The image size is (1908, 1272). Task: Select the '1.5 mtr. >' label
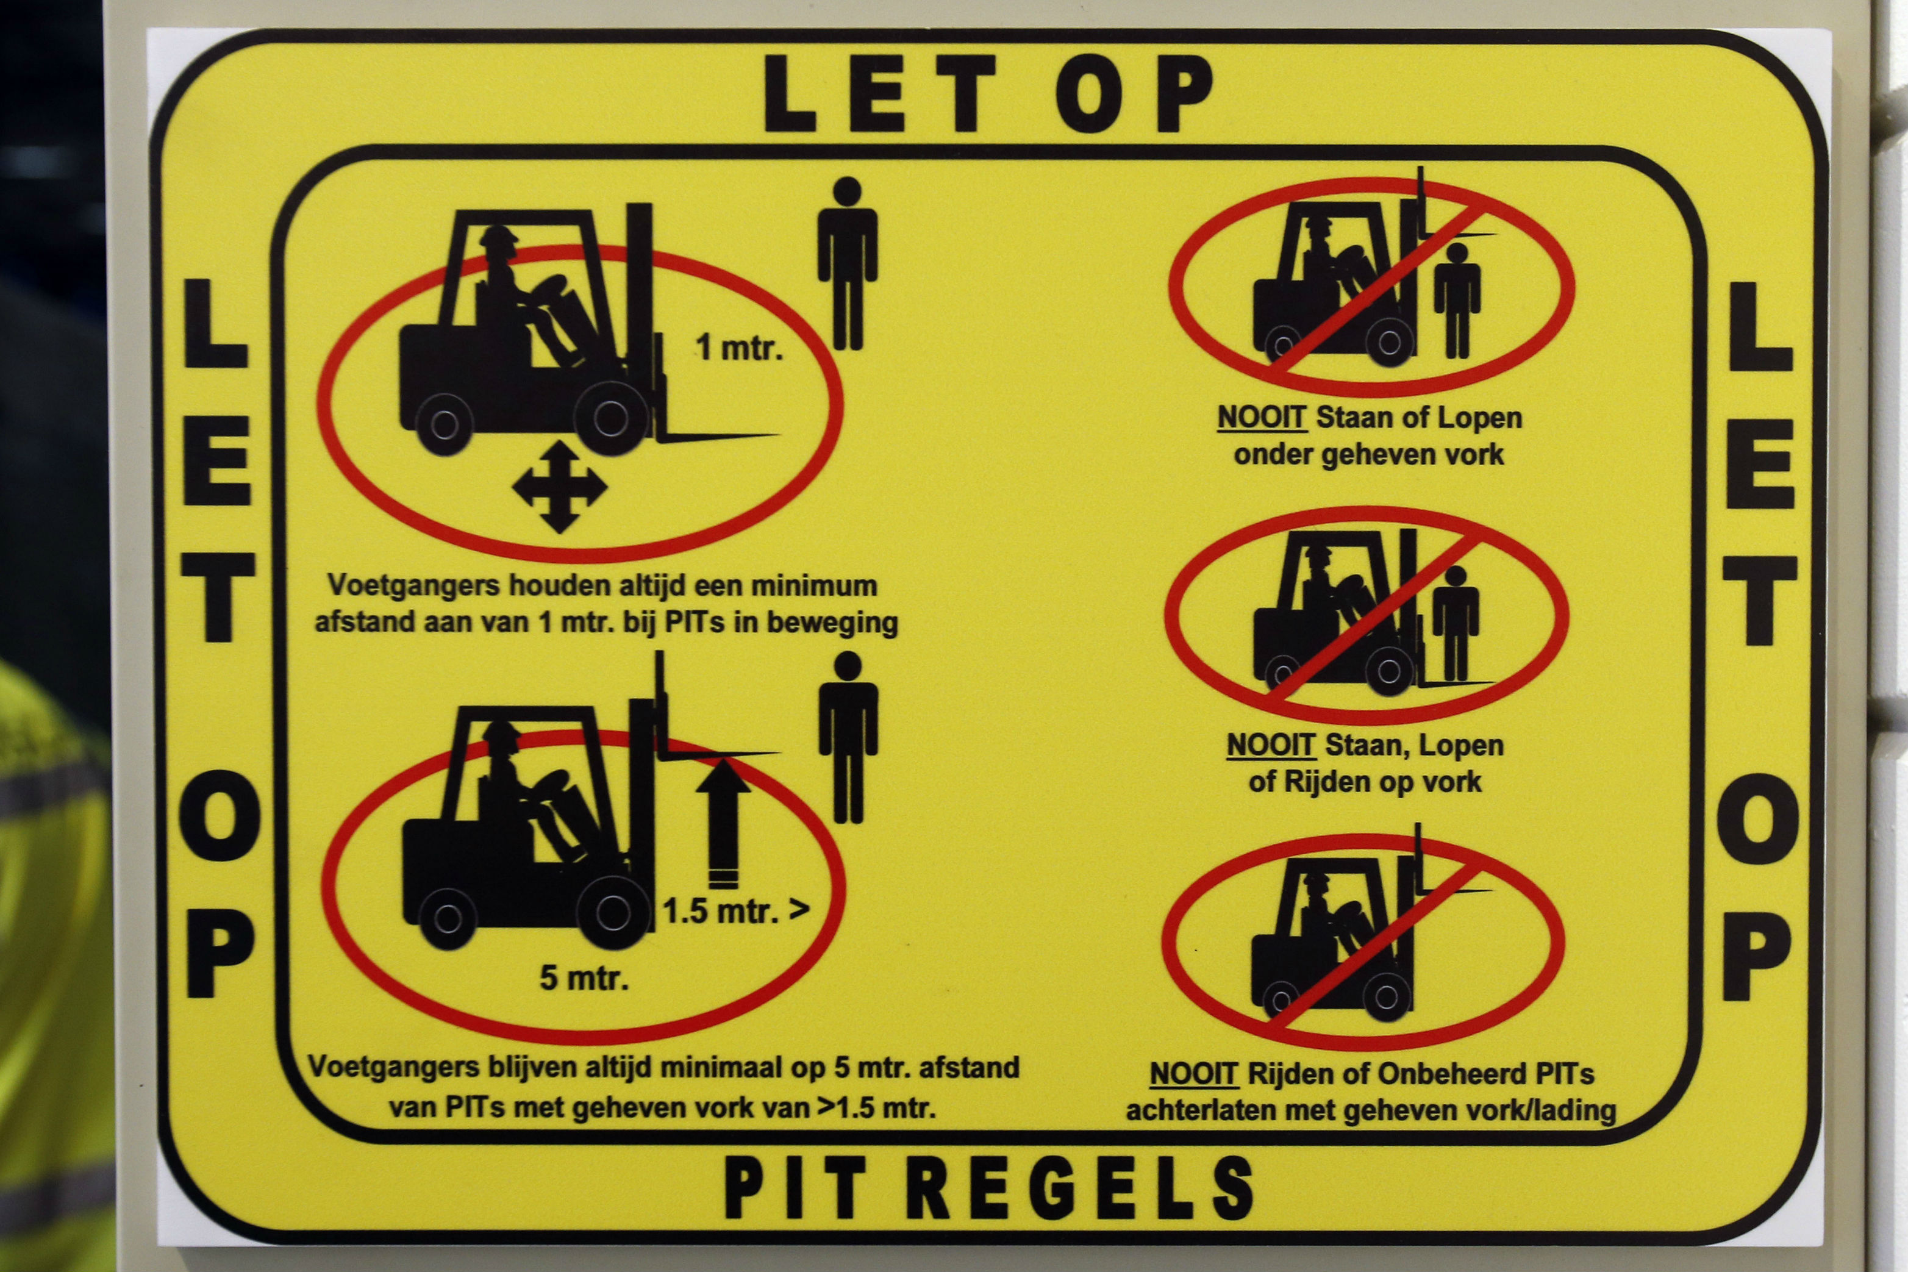click(x=736, y=910)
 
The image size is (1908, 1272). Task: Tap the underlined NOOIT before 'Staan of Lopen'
click(x=1262, y=418)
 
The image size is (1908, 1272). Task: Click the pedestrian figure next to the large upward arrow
click(x=848, y=738)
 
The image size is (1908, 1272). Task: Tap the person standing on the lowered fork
click(x=1456, y=623)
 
